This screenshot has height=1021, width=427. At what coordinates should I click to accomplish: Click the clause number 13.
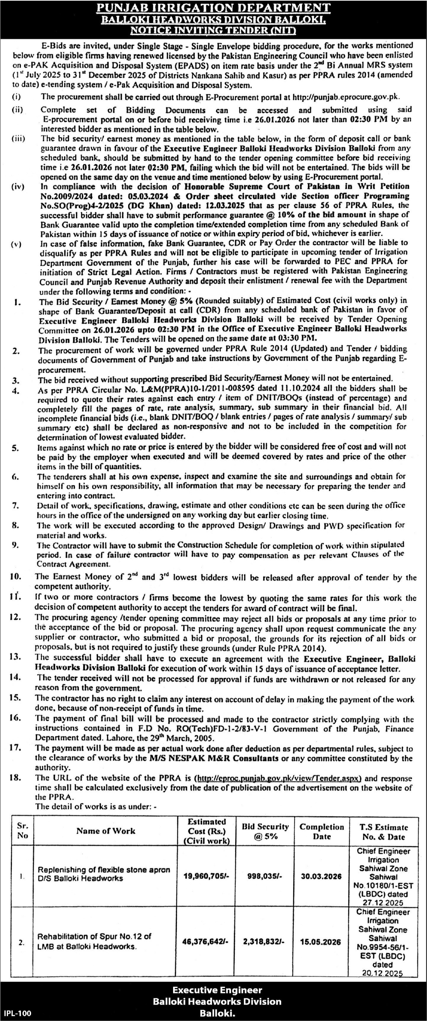(15, 657)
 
